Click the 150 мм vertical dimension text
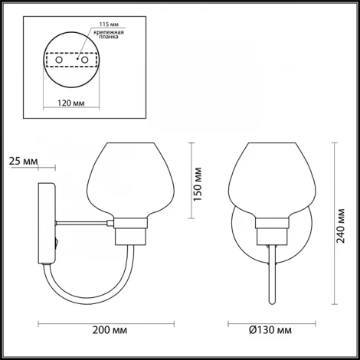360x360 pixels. pyautogui.click(x=198, y=182)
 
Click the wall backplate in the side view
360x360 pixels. pyautogui.click(x=45, y=222)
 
